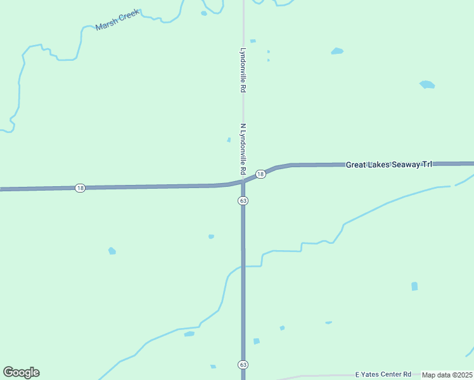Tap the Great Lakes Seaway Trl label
tap(388, 165)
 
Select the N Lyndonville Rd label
tap(243, 149)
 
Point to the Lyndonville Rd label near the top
tap(243, 70)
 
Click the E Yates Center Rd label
tap(383, 374)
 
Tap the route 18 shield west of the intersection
tap(79, 188)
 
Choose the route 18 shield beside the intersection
tap(260, 174)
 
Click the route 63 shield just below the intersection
tap(243, 200)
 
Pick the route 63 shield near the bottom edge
tap(243, 365)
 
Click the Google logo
tap(21, 372)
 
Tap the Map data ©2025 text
tap(447, 375)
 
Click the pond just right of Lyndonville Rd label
tap(253, 41)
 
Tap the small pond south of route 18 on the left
tap(112, 251)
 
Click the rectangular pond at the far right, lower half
tap(414, 286)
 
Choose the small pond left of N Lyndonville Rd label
tap(229, 140)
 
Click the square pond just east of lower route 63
tap(257, 341)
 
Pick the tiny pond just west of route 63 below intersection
tap(211, 237)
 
